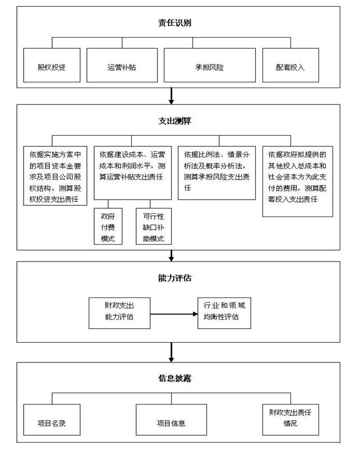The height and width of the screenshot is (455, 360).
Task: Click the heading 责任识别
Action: pyautogui.click(x=174, y=22)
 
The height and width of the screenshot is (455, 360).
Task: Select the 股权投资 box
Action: pyautogui.click(x=52, y=65)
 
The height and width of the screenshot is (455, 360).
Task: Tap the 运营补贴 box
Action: pyautogui.click(x=122, y=65)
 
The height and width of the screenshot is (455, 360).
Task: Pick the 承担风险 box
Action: pyautogui.click(x=210, y=65)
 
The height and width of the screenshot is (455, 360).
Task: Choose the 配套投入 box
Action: pyautogui.click(x=290, y=65)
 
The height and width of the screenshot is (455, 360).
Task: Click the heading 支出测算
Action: pyautogui.click(x=174, y=121)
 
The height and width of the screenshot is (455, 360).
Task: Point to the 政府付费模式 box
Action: pyautogui.click(x=108, y=226)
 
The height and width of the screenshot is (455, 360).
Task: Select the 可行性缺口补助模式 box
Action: pyautogui.click(x=154, y=226)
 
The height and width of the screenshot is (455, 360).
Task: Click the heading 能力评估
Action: pyautogui.click(x=174, y=278)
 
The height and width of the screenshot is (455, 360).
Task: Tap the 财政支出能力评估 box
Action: pyautogui.click(x=119, y=313)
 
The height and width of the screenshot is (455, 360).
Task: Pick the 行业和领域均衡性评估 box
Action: pyautogui.click(x=224, y=313)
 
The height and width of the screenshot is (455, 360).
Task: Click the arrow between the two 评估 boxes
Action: pyautogui.click(x=174, y=314)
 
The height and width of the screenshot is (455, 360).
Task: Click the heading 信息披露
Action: pyautogui.click(x=174, y=378)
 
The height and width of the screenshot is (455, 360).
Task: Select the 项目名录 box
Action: pyautogui.click(x=52, y=420)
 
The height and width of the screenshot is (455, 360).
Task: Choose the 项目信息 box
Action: pyautogui.click(x=171, y=420)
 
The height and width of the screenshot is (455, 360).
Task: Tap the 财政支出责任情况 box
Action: pyautogui.click(x=290, y=420)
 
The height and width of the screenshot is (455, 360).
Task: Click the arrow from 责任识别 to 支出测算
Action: pyautogui.click(x=171, y=96)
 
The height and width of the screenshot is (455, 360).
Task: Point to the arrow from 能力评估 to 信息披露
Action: pyautogui.click(x=171, y=352)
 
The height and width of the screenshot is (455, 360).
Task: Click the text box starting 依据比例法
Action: pyautogui.click(x=216, y=173)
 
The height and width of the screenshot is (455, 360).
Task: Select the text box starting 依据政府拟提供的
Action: pyautogui.click(x=298, y=181)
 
